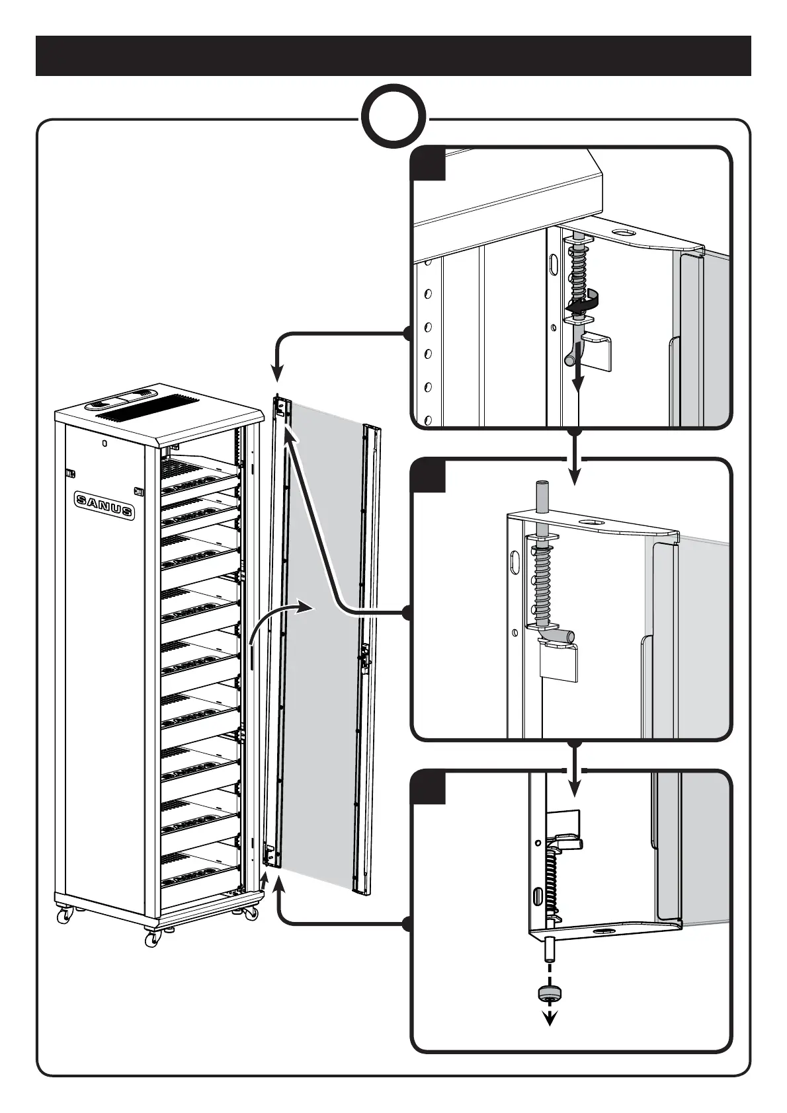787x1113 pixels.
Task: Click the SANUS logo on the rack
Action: (104, 506)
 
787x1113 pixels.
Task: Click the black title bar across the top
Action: (393, 56)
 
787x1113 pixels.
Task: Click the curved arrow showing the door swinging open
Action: (278, 618)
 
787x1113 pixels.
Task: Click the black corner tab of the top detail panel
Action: (428, 163)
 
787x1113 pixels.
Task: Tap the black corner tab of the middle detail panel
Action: (428, 476)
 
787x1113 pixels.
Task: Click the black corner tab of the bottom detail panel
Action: (428, 787)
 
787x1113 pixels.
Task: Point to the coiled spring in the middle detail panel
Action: (542, 582)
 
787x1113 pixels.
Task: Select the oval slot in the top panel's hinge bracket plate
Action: (622, 233)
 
